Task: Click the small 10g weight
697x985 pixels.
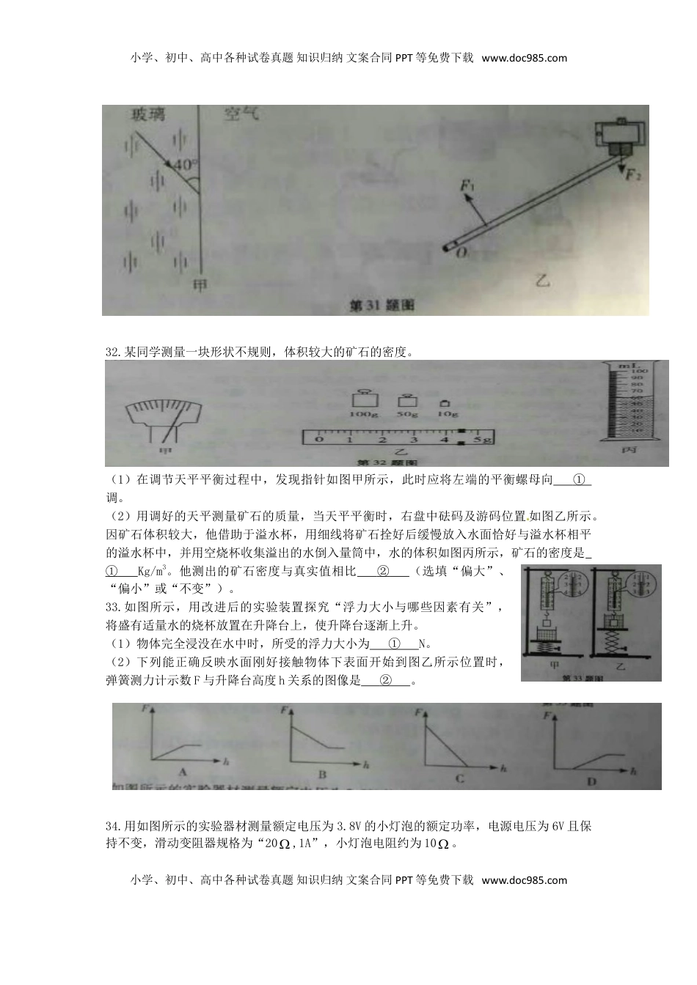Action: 445,405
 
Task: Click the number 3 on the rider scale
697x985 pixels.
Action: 415,440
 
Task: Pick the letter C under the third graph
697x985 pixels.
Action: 459,778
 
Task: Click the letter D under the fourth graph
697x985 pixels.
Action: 591,781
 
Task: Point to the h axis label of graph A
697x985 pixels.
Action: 226,762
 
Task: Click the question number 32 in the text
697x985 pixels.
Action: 112,353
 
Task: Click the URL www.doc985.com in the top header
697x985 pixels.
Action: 525,58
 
